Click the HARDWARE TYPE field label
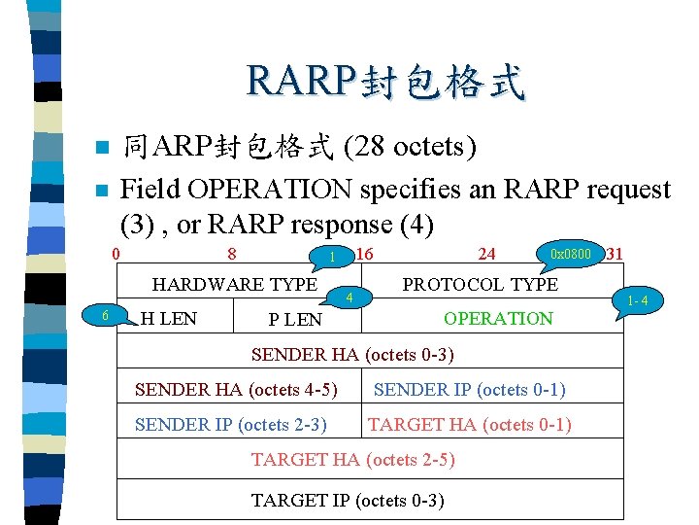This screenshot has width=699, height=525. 235,284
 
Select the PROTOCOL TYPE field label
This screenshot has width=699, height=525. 480,284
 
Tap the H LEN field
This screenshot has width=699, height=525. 169,318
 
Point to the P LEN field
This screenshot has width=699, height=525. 295,320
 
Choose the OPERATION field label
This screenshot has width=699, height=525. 498,318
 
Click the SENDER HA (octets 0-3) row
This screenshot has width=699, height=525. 352,354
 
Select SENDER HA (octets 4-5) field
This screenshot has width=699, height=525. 236,390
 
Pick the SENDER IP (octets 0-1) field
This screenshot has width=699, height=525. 469,390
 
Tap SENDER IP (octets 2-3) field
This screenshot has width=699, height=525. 230,425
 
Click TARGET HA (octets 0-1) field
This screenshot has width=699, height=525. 469,425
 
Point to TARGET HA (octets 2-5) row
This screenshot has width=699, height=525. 352,460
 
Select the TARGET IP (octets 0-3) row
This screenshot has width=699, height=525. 348,501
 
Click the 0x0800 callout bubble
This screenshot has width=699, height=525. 570,254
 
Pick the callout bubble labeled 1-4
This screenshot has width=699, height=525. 638,300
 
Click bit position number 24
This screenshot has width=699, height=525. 487,255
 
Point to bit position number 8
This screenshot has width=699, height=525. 232,255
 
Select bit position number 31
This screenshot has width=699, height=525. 614,255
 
